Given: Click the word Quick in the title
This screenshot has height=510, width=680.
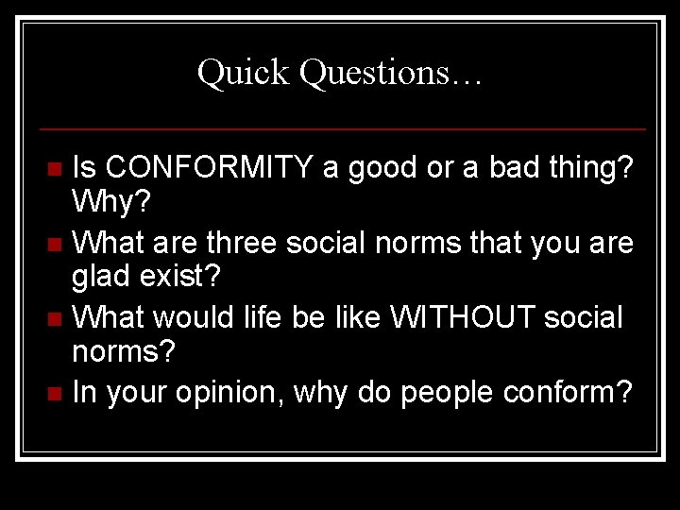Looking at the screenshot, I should click(x=244, y=74).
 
